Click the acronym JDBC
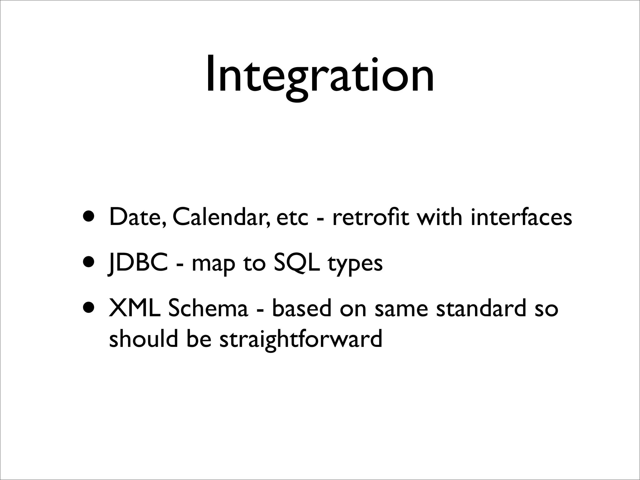pos(138,263)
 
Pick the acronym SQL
pos(297,263)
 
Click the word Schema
pos(208,308)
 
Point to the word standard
pos(481,308)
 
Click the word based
pos(301,308)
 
